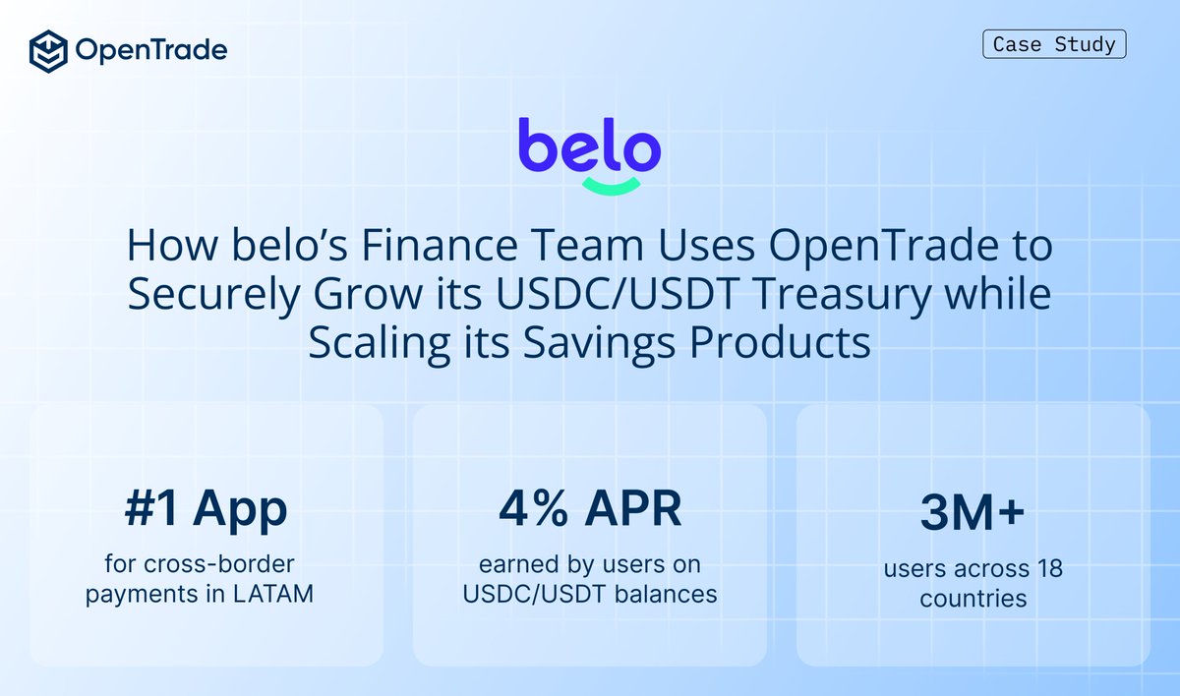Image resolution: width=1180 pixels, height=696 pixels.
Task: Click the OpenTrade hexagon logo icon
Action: (x=48, y=49)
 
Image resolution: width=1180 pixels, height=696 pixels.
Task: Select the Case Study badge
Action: (x=1054, y=44)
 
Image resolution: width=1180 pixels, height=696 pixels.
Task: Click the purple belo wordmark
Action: (x=589, y=145)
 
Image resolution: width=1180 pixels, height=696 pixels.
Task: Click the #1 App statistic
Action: (x=206, y=508)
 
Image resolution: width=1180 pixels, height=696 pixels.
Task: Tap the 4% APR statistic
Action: (x=589, y=508)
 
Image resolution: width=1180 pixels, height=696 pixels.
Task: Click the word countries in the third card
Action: (x=973, y=597)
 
